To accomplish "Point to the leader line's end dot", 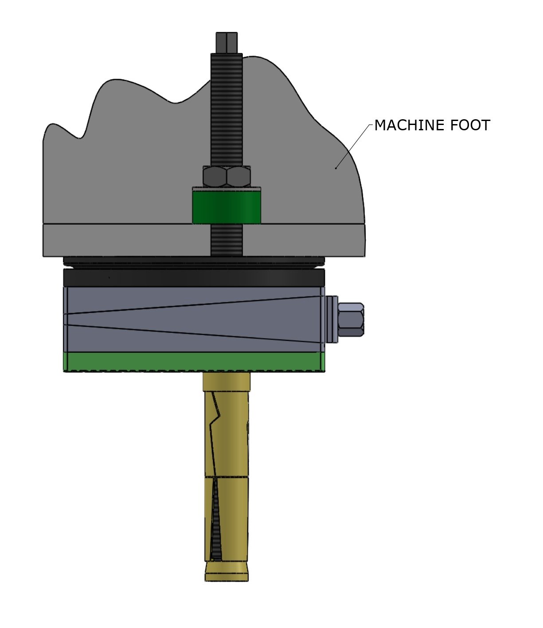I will pyautogui.click(x=336, y=168).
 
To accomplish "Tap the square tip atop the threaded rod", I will pyautogui.click(x=227, y=42).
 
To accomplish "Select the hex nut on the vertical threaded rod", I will pyautogui.click(x=227, y=176).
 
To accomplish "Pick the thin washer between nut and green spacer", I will pyautogui.click(x=227, y=189).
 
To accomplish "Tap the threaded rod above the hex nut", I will pyautogui.click(x=227, y=111).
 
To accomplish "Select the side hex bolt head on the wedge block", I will pyautogui.click(x=351, y=319).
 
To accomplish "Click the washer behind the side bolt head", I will pyautogui.click(x=331, y=319).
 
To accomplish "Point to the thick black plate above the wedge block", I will pyautogui.click(x=194, y=277).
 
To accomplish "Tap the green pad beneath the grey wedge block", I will pyautogui.click(x=194, y=362).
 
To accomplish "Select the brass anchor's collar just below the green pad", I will pyautogui.click(x=227, y=381).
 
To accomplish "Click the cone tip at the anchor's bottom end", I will pyautogui.click(x=227, y=572).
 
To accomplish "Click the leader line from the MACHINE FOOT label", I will pyautogui.click(x=352, y=146).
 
